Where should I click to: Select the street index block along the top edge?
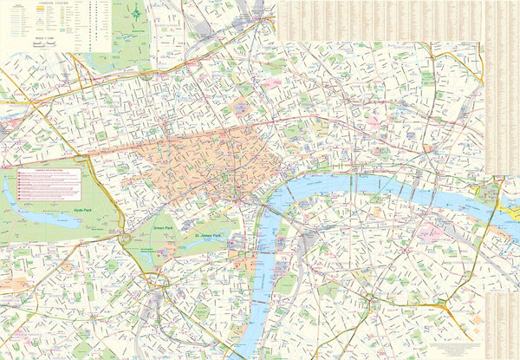tap(381, 19)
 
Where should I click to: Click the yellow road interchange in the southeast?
tap(442, 305)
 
